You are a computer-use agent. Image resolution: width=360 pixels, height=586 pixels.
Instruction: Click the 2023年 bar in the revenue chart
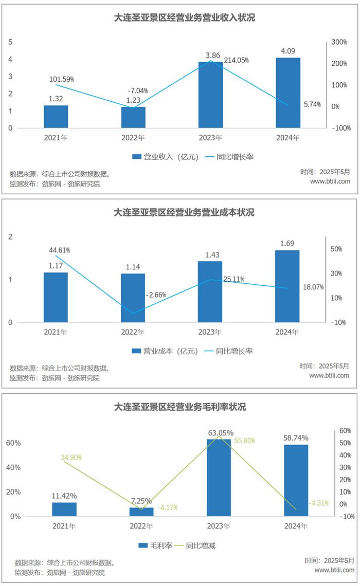[210, 95]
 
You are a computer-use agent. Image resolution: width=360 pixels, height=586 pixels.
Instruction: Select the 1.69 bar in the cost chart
[287, 286]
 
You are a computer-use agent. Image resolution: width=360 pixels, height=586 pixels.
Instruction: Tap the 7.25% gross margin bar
[141, 511]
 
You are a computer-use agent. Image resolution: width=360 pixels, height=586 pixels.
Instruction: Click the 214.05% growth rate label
[236, 60]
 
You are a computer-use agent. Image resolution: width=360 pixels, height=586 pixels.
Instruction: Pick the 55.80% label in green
[244, 441]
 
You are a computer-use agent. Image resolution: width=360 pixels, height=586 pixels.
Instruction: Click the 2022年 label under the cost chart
[133, 332]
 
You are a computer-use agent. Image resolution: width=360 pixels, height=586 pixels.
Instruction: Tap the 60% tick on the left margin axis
[13, 443]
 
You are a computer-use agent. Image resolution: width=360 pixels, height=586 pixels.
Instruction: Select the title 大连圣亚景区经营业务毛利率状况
[179, 407]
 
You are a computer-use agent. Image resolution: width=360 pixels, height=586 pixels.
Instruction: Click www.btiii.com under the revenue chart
[330, 181]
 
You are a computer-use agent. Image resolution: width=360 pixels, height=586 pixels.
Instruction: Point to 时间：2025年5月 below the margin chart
[330, 560]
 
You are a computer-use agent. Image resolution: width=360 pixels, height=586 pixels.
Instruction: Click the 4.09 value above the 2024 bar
[287, 51]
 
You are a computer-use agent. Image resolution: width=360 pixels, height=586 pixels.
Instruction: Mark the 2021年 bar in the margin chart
[64, 509]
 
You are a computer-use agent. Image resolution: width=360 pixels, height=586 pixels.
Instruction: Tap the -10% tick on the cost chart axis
[339, 322]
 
